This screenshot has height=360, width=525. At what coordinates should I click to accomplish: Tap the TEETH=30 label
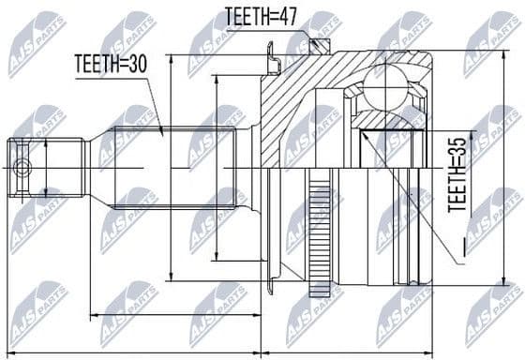click(111, 65)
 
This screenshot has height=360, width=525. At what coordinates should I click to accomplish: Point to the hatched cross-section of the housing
click(286, 112)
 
